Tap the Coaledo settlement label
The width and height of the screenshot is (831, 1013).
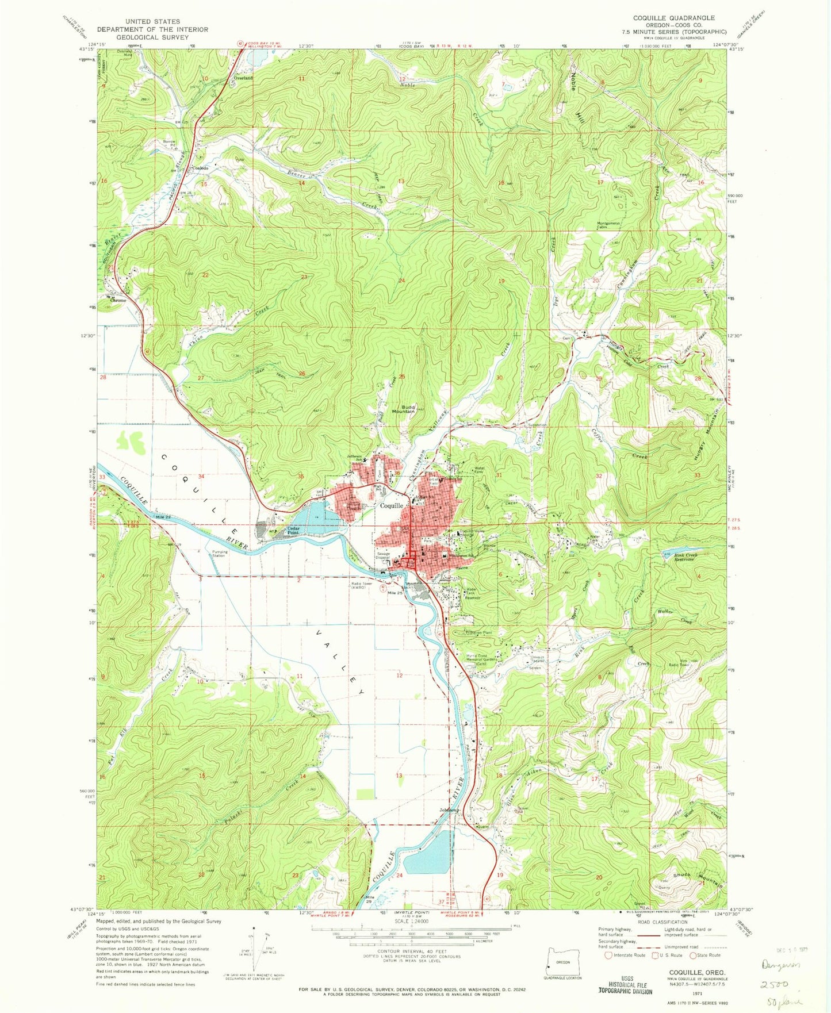[200, 167]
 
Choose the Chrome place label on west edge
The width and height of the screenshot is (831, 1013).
[118, 300]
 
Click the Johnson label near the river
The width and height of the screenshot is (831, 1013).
[449, 810]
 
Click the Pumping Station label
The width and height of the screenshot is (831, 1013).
[219, 554]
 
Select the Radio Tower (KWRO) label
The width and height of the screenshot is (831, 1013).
[363, 586]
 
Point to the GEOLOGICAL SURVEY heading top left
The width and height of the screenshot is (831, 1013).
[152, 37]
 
